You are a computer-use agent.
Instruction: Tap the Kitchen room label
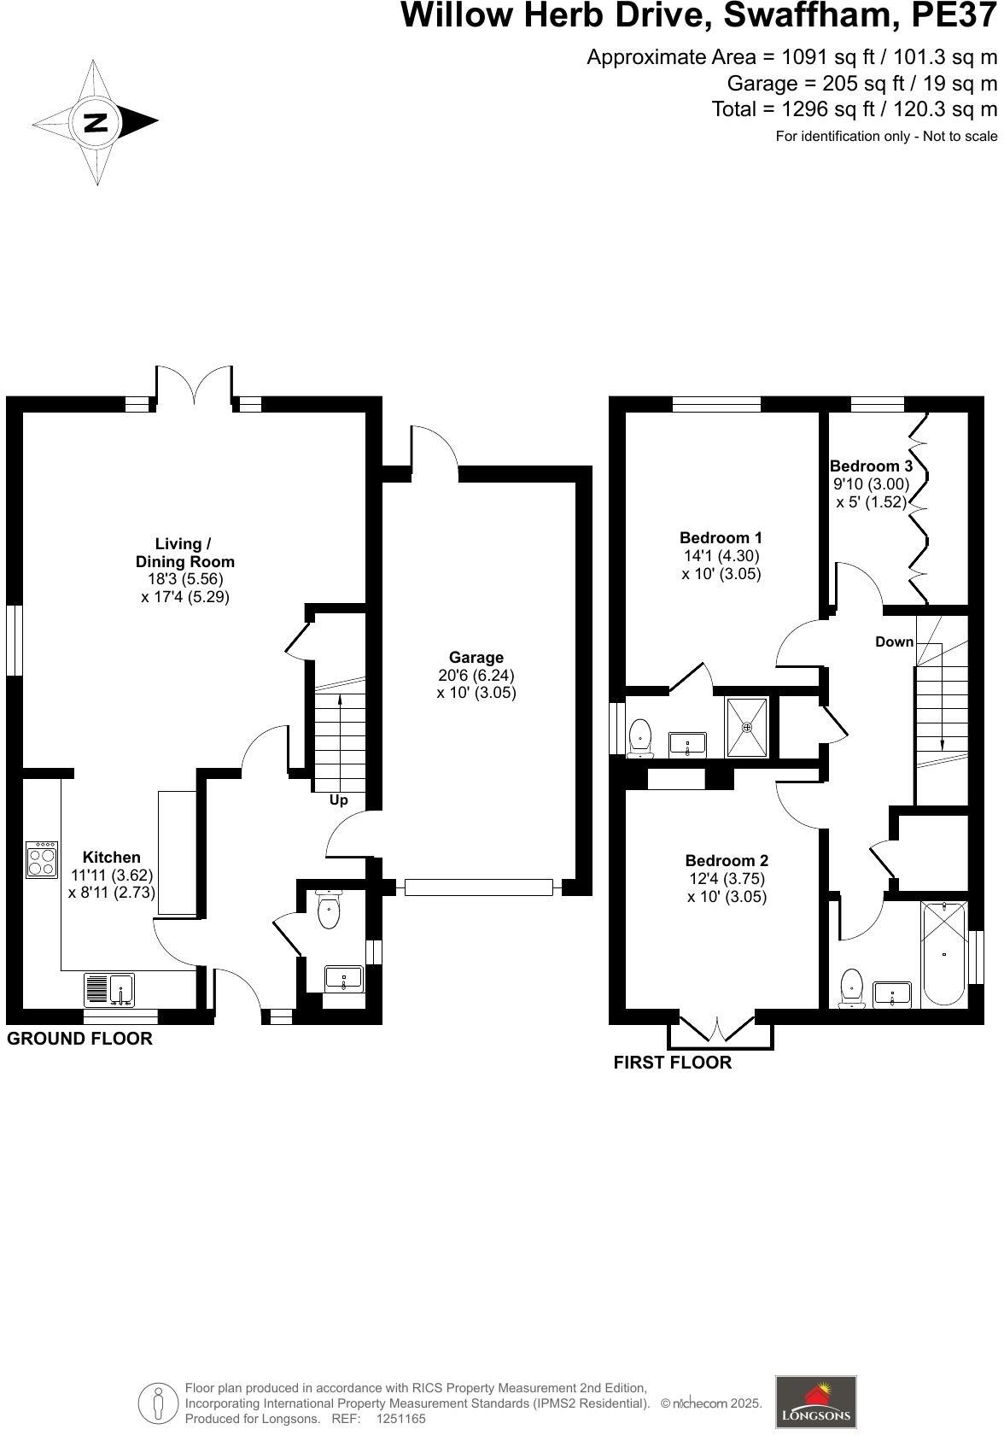111,857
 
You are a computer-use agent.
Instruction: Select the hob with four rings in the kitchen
42,859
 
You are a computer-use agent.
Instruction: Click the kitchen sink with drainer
109,990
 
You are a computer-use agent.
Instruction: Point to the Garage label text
476,657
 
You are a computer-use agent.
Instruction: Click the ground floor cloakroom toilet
329,911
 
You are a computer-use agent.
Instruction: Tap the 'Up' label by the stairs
339,800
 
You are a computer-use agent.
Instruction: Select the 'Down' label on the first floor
894,641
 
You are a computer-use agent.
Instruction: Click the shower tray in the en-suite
747,728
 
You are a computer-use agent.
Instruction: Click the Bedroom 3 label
871,466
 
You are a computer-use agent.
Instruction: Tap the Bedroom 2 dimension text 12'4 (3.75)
727,879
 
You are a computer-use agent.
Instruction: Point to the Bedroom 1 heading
721,537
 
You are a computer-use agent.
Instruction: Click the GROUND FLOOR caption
79,1039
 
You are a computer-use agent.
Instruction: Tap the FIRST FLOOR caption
673,1063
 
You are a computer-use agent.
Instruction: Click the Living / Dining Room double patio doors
194,385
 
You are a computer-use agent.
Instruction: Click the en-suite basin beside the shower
687,743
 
